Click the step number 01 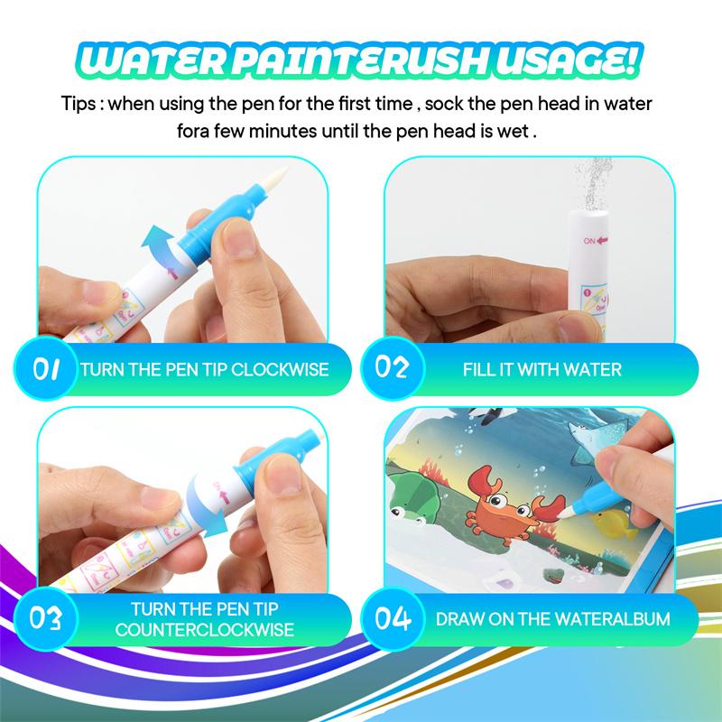(46, 369)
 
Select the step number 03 (47, 618)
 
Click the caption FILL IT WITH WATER (541, 369)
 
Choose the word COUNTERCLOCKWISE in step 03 (205, 629)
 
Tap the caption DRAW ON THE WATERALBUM (553, 619)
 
